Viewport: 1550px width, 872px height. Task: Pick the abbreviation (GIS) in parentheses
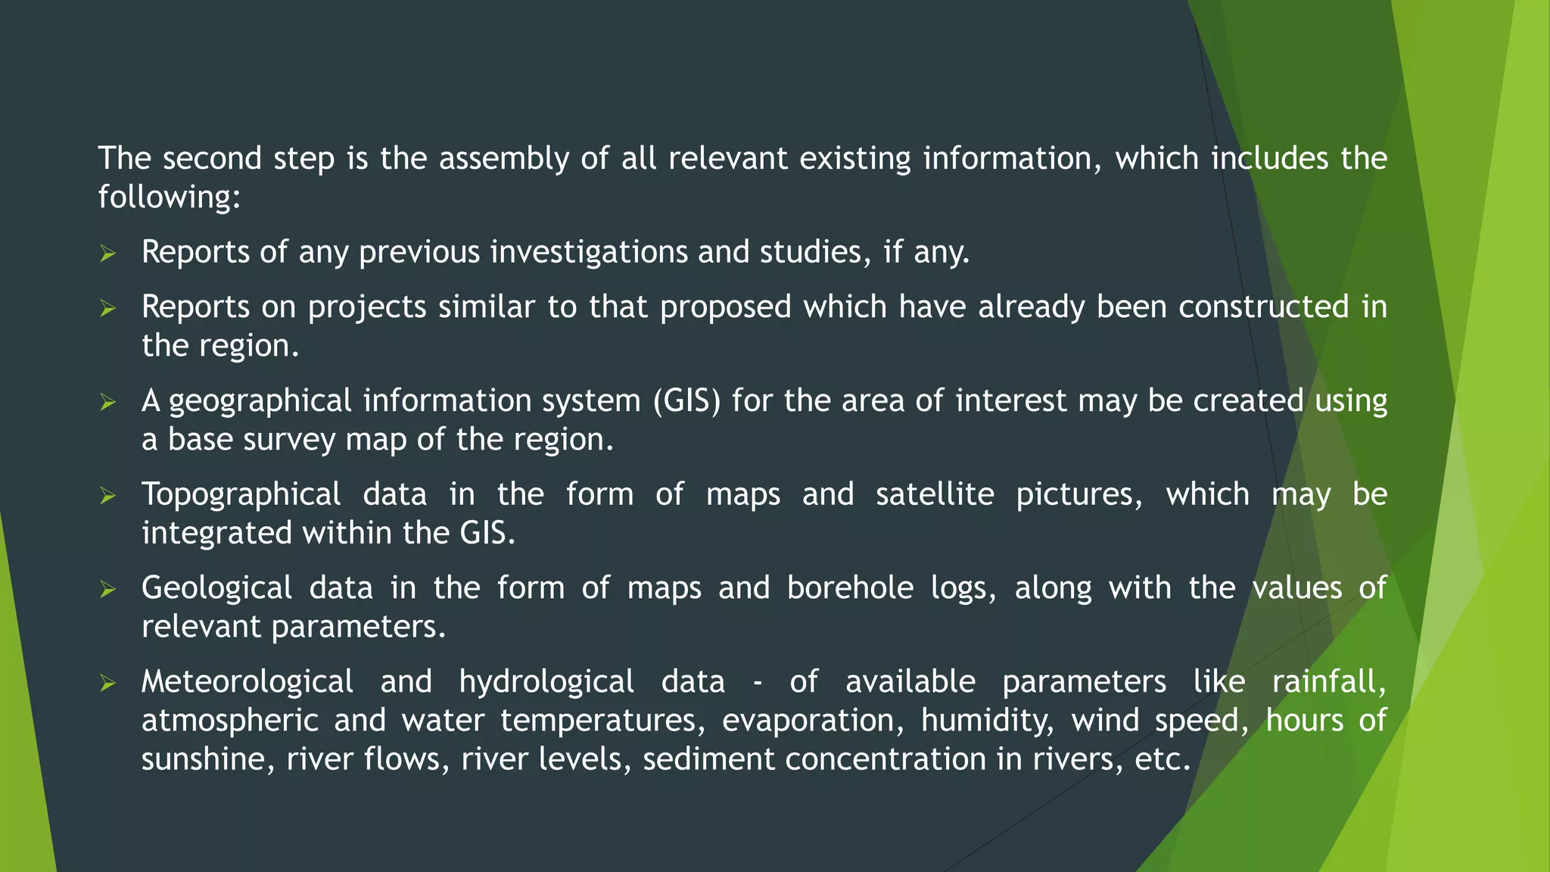click(x=687, y=401)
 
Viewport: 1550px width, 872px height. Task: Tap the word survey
click(x=289, y=441)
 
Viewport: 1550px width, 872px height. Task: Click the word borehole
click(x=850, y=589)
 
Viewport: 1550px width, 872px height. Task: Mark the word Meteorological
click(x=247, y=682)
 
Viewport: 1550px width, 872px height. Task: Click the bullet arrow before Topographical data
click(x=107, y=497)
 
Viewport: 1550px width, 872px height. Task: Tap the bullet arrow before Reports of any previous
click(x=107, y=254)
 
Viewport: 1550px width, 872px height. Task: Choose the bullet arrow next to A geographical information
click(x=107, y=403)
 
